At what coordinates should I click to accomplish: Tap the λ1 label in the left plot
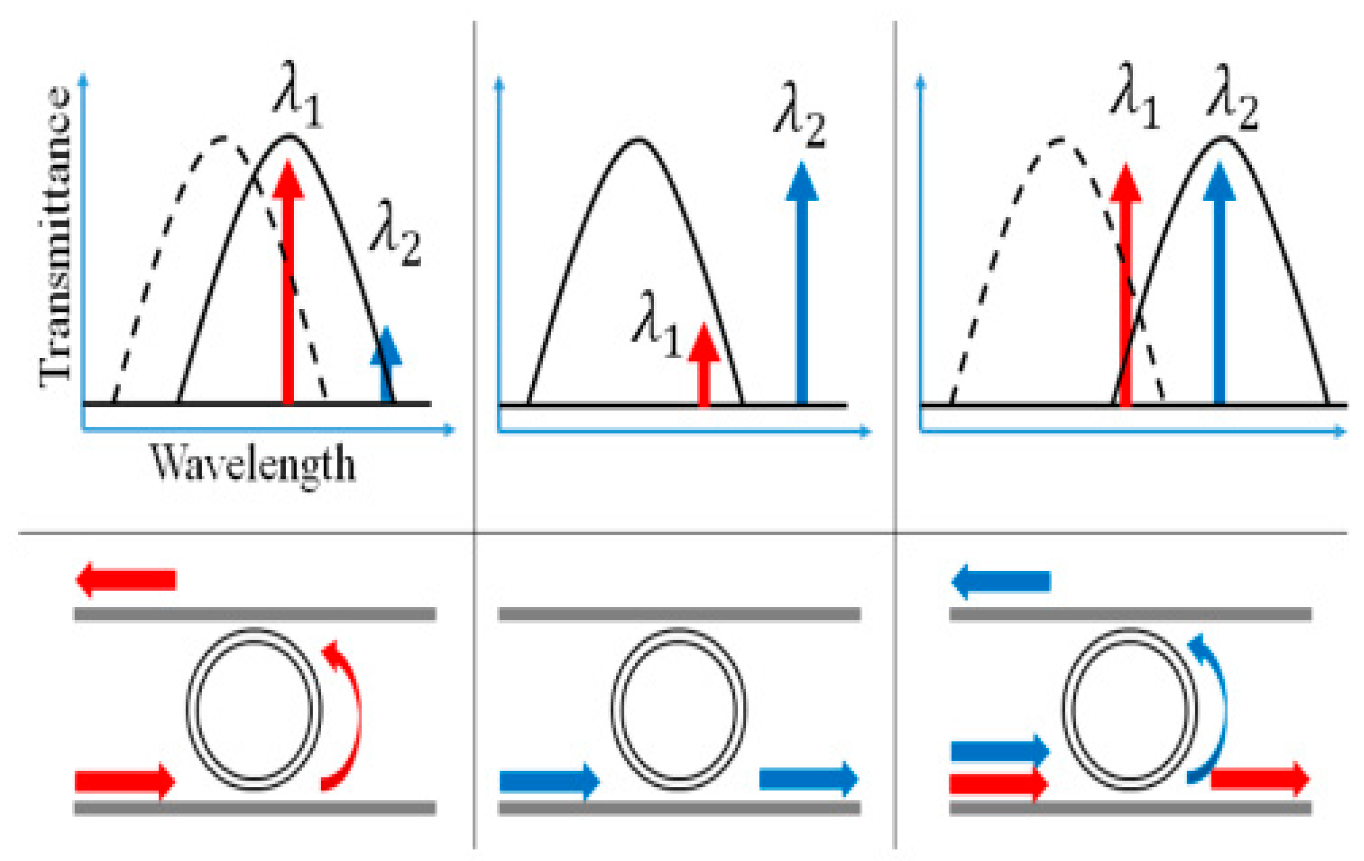pos(298,95)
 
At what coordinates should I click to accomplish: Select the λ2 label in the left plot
pos(396,234)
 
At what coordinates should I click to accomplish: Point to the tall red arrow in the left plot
pos(288,283)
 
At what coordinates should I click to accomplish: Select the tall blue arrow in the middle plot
pos(802,283)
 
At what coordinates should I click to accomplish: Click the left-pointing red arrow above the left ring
pos(125,579)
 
